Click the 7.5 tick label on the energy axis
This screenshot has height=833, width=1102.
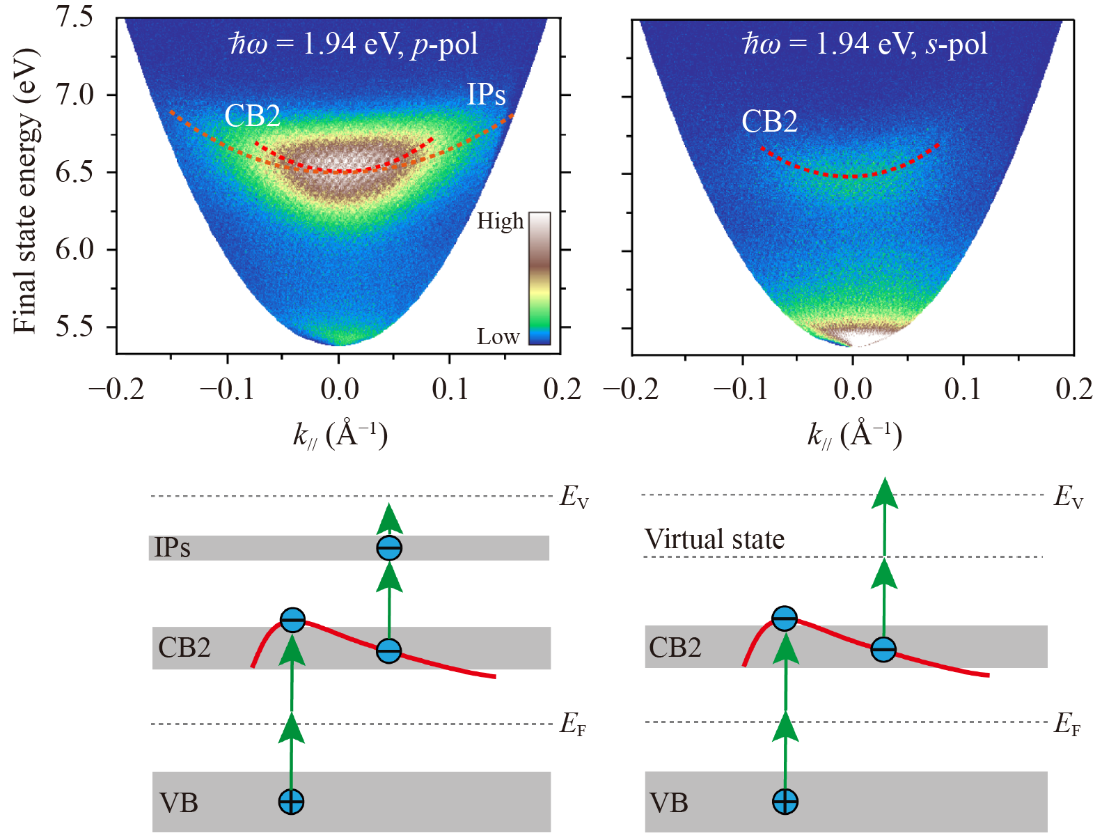74,15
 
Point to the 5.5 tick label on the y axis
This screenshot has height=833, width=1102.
74,327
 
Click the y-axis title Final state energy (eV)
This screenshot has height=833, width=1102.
25,192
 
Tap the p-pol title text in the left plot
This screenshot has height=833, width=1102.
354,44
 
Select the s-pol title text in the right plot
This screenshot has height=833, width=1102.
865,44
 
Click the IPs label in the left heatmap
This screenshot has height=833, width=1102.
486,95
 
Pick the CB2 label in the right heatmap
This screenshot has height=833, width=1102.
769,122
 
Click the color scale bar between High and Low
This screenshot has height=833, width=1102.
540,279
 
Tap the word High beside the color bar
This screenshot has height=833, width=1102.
500,221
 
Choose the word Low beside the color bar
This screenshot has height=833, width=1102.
498,337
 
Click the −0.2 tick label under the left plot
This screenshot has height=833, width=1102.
116,389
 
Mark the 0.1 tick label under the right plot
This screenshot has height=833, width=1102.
963,389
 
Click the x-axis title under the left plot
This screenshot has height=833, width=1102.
340,435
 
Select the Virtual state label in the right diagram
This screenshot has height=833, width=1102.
714,539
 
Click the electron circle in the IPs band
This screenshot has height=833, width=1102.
389,548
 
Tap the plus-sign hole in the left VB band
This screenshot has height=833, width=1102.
291,802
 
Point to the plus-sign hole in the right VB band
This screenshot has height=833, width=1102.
785,802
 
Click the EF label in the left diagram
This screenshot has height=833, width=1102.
573,725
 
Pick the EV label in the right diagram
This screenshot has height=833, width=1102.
1068,497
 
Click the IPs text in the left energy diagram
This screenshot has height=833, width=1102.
172,547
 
